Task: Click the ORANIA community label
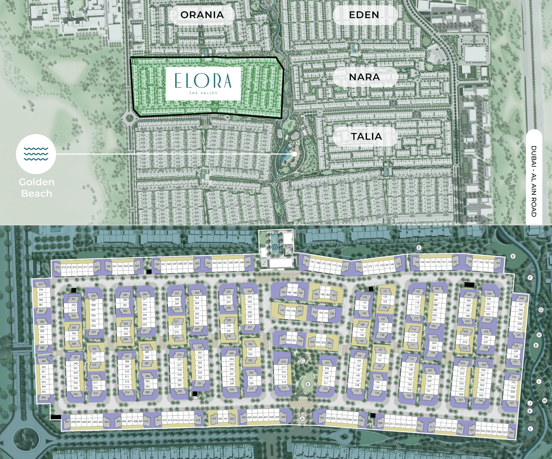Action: (202, 15)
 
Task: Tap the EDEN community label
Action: (364, 15)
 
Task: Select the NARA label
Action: (364, 77)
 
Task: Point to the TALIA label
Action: (366, 137)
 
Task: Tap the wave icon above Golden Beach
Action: (36, 154)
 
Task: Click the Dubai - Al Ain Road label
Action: (534, 181)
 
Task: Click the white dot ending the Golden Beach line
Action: (294, 154)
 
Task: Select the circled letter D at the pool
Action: (275, 247)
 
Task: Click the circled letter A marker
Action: (302, 419)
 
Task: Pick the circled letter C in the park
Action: (302, 361)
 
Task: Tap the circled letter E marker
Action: (419, 248)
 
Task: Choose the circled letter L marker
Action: (530, 429)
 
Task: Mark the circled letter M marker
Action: (545, 401)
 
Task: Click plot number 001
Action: (322, 418)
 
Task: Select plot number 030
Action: (511, 433)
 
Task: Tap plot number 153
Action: (498, 263)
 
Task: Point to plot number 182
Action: (307, 261)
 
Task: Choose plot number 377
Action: (41, 284)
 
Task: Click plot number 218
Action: (283, 362)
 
